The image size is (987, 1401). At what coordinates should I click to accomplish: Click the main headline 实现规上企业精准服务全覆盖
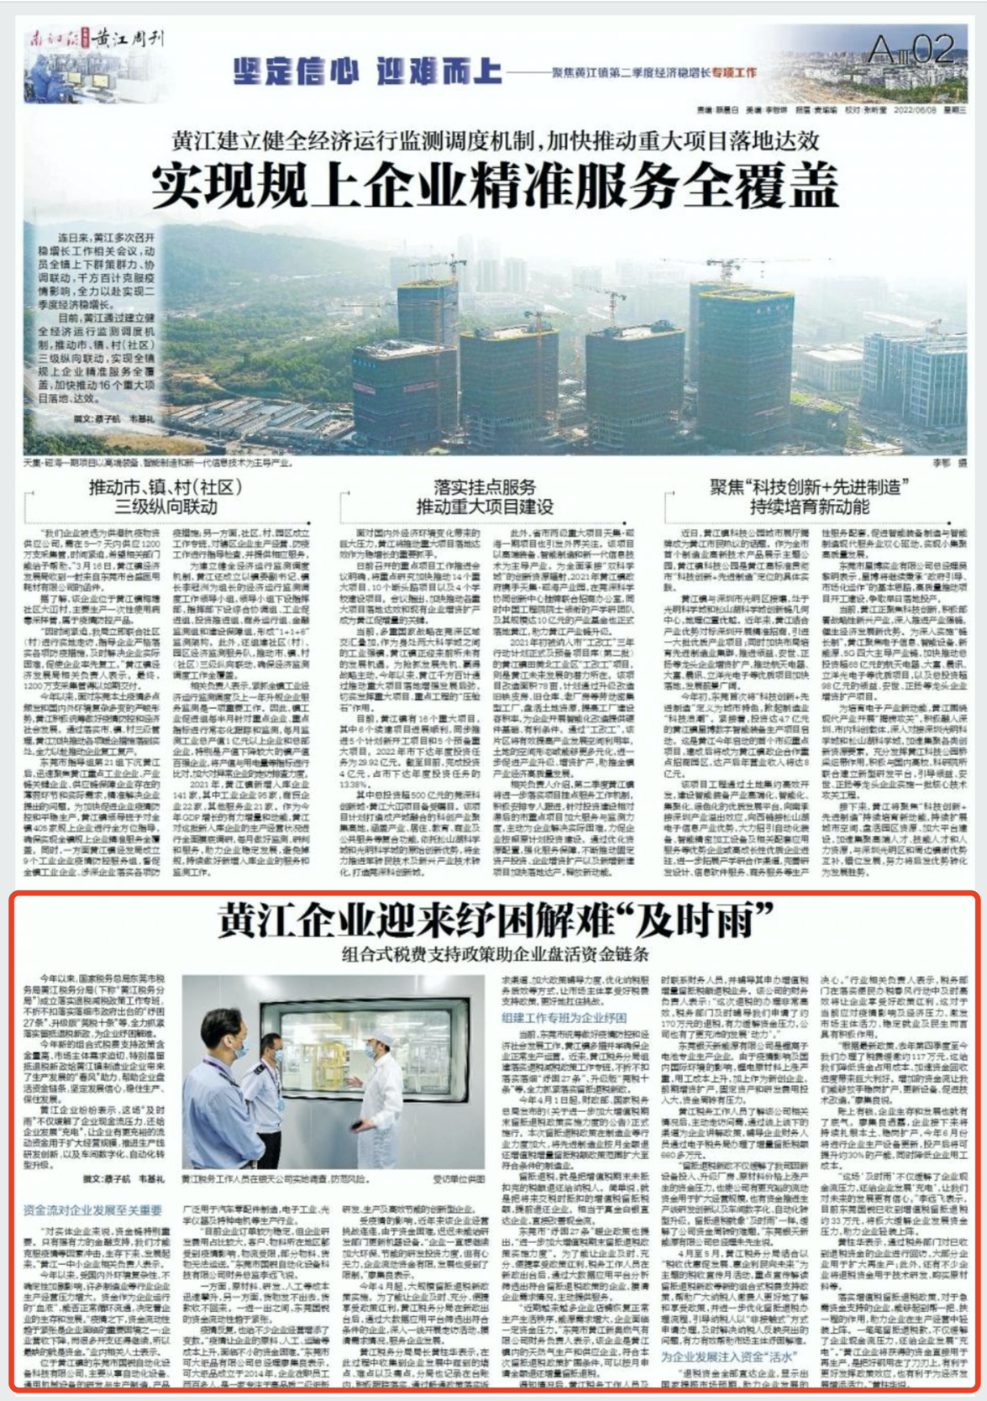(496, 186)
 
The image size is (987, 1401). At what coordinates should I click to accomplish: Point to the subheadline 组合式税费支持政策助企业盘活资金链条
(496, 953)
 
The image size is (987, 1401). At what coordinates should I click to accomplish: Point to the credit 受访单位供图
(459, 1179)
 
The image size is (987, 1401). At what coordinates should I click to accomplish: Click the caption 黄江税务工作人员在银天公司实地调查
(281, 1179)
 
